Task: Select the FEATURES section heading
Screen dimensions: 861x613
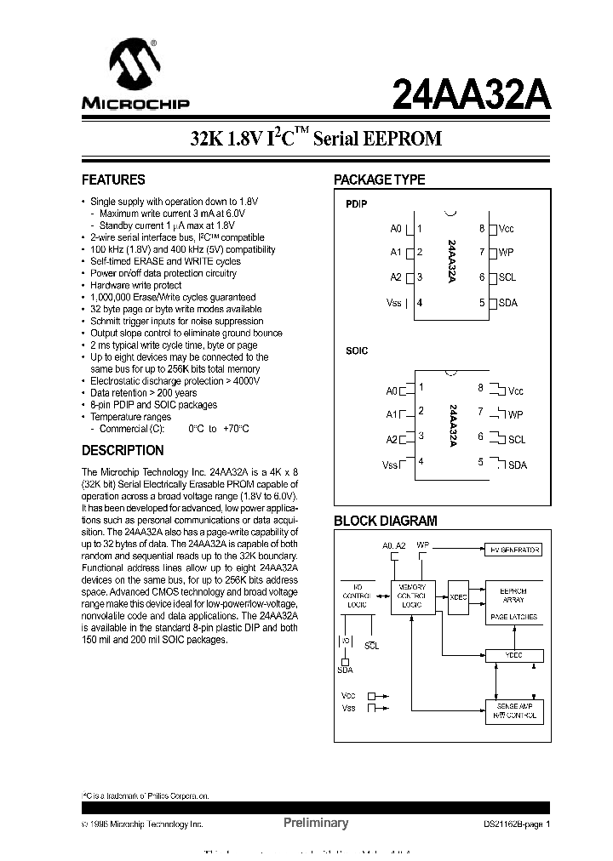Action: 113,180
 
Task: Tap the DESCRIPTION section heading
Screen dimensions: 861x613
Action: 123,450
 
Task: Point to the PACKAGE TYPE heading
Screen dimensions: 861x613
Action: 379,180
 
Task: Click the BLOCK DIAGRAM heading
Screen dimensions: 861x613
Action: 386,521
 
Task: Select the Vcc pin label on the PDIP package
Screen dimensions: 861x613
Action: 507,229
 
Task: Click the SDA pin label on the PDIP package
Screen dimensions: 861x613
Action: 507,303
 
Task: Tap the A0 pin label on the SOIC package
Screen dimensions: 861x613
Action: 392,391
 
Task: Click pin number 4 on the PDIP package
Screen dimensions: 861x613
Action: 420,303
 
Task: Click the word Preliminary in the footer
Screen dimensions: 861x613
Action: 315,823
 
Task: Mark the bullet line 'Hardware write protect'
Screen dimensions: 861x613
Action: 136,286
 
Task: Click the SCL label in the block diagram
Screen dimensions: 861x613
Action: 372,646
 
